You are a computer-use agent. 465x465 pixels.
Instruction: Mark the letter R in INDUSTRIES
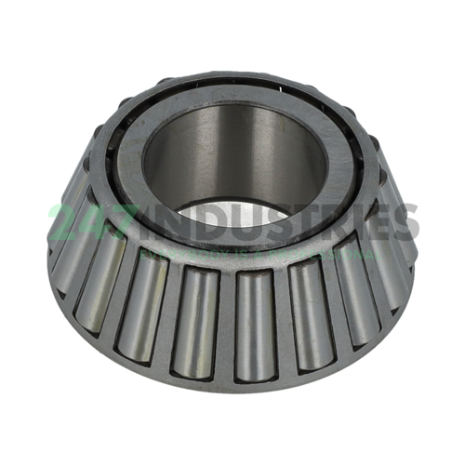click(x=328, y=223)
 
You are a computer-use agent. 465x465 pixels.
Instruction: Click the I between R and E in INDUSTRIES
click(x=352, y=223)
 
